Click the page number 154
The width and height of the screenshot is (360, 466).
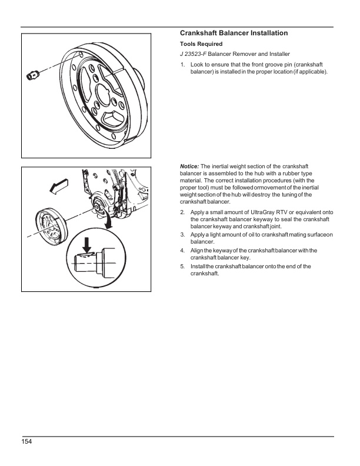(28, 442)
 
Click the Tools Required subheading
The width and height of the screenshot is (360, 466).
(201, 44)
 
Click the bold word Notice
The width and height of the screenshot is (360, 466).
(189, 167)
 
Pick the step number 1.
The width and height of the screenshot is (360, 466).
(183, 64)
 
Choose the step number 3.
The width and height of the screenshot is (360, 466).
(183, 235)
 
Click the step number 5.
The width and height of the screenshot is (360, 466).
(183, 267)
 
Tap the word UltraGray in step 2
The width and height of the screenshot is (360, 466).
(266, 211)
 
